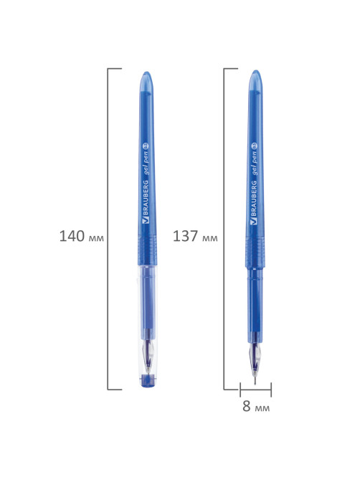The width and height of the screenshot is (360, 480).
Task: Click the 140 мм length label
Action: point(81,236)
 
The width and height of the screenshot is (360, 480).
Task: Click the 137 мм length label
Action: point(195,236)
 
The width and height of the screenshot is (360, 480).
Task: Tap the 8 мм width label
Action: point(256,406)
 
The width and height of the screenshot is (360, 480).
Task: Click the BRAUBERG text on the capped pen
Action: point(146,198)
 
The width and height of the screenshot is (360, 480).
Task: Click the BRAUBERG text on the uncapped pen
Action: point(253,198)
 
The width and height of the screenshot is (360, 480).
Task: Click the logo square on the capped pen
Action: point(146,220)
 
